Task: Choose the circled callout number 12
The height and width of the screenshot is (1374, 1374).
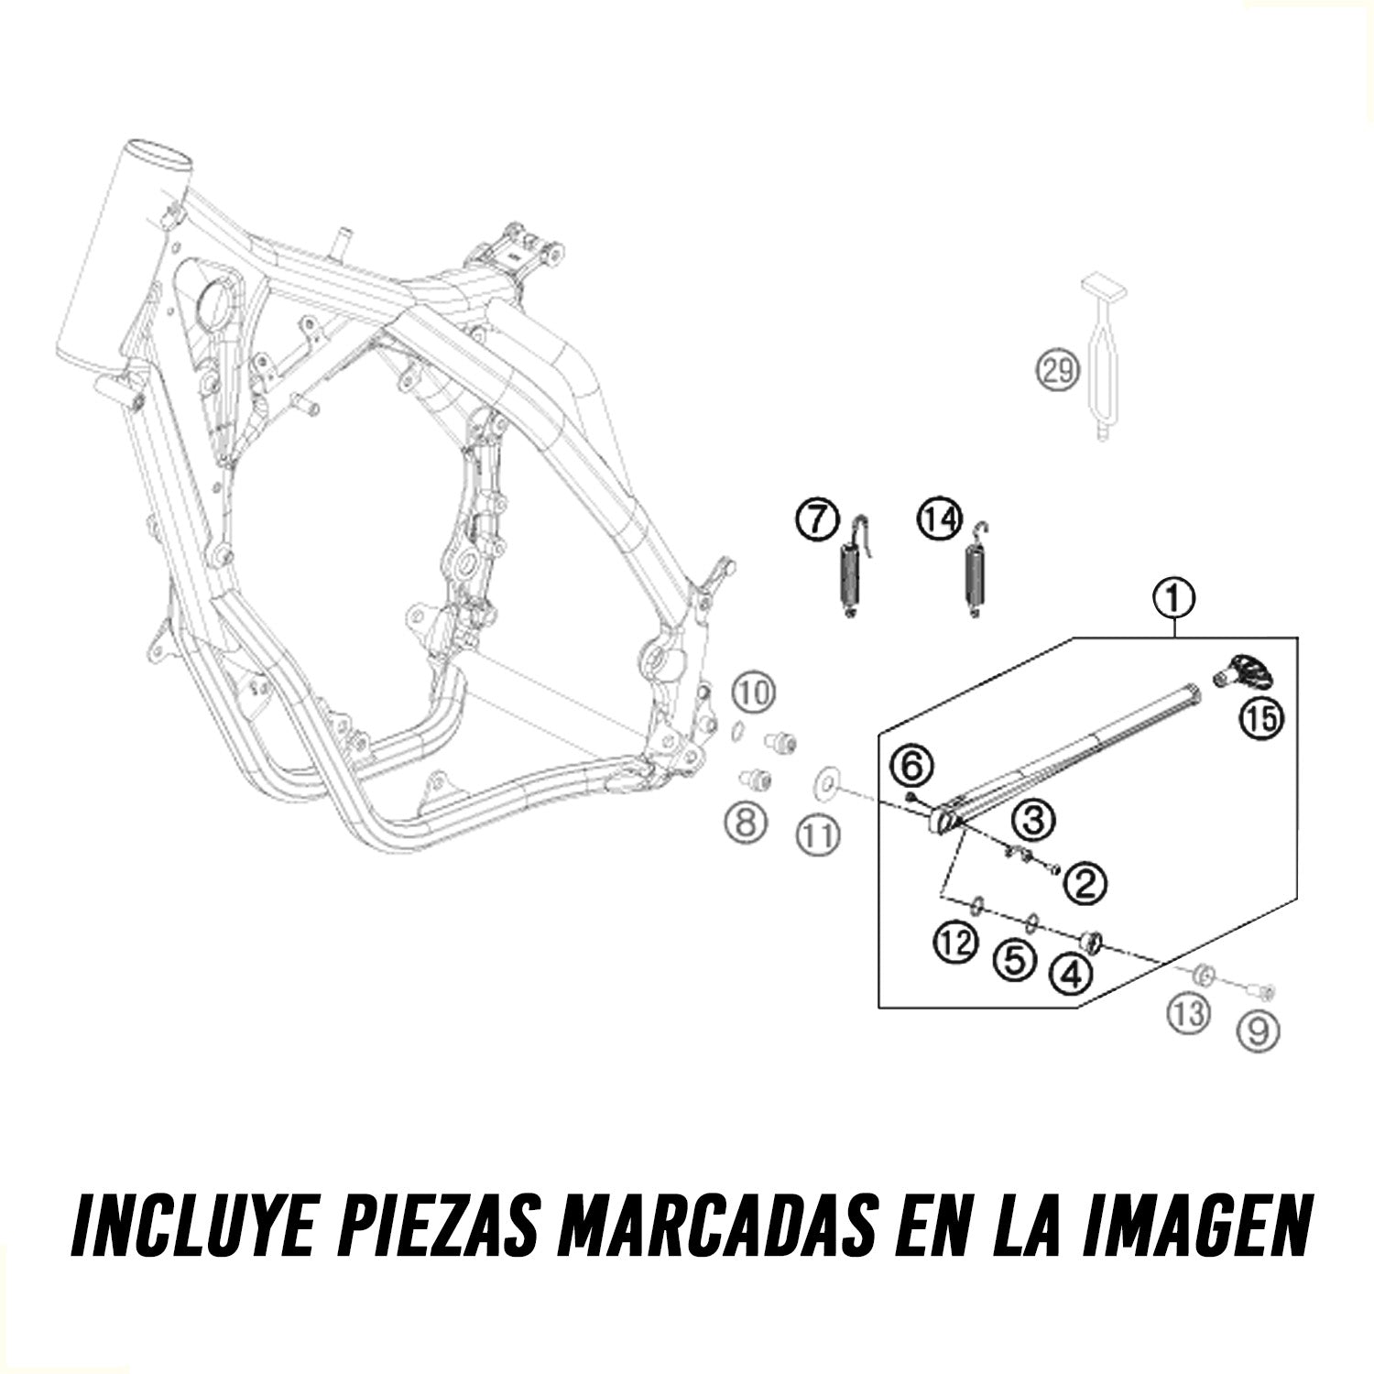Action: point(954,942)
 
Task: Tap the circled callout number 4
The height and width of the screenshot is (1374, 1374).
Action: point(1072,976)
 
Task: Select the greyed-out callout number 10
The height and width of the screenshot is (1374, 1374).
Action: point(753,694)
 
